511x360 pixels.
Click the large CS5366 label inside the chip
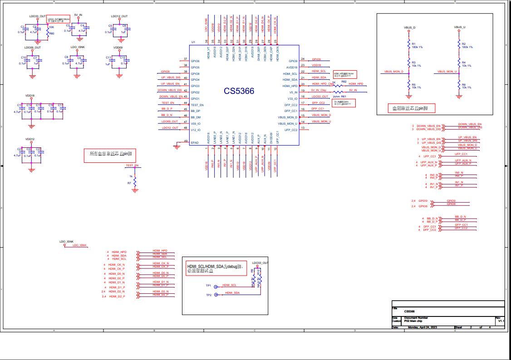pos(239,91)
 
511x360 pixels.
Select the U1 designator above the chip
pos(193,42)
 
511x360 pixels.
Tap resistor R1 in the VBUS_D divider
pos(408,46)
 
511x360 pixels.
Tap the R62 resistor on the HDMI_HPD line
pos(338,85)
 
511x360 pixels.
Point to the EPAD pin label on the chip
pos(195,143)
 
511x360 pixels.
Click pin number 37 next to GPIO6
pos(185,59)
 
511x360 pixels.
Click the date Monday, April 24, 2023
pos(422,327)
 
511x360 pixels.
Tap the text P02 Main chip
pos(413,321)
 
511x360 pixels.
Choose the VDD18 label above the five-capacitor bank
pos(30,96)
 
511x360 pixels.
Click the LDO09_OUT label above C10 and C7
pos(33,48)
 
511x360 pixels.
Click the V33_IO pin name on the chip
pos(292,98)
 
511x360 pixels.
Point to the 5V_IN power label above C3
pos(78,15)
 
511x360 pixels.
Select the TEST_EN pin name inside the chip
pos(197,105)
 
